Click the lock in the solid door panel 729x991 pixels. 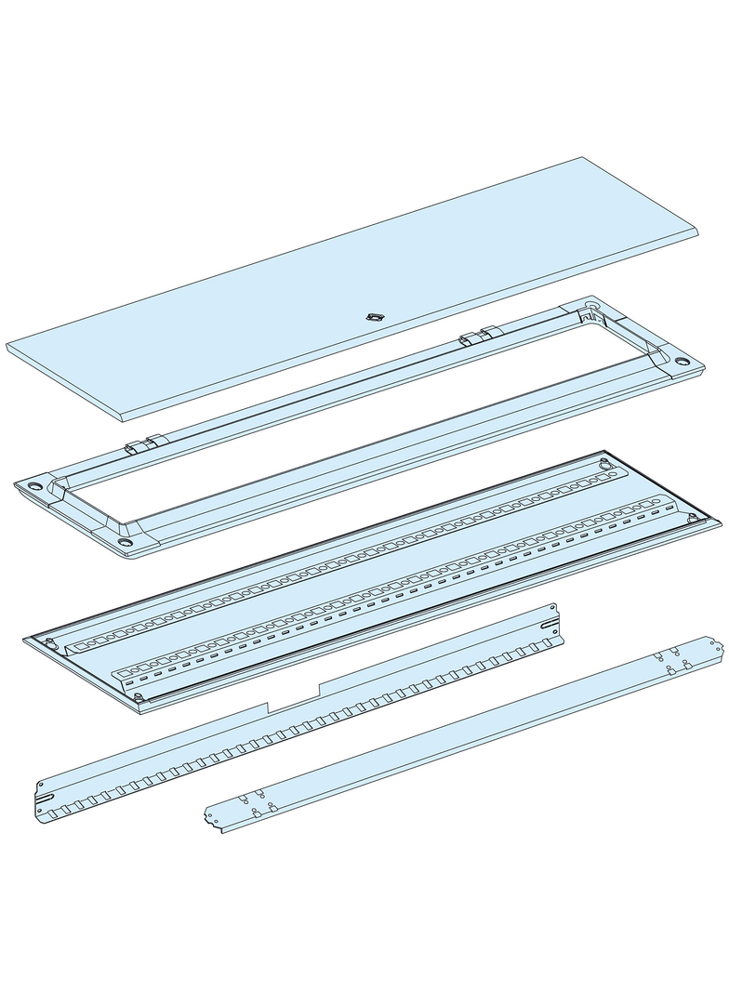click(375, 317)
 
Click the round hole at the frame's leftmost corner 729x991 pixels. click(35, 485)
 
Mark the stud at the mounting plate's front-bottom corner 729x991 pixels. click(137, 696)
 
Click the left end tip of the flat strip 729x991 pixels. click(207, 817)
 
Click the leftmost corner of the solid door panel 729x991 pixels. click(8, 347)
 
